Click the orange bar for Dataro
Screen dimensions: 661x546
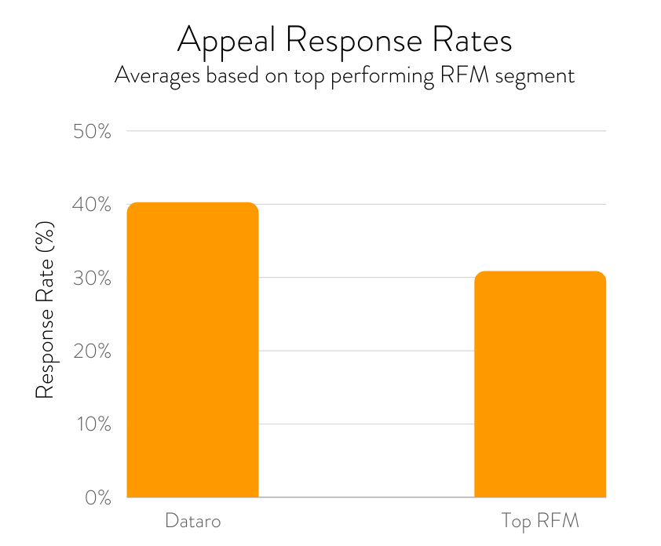(192, 350)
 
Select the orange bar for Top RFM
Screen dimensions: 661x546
(540, 384)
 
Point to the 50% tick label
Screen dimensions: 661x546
(92, 132)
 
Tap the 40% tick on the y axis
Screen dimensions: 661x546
(92, 205)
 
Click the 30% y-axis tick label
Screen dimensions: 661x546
(92, 278)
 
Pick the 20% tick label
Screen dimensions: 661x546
(92, 351)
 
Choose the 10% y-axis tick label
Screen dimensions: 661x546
(93, 424)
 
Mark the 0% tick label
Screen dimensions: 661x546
(98, 497)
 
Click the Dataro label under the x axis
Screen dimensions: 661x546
(193, 521)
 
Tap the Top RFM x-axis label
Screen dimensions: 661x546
(540, 522)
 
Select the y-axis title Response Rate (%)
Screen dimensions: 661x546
(45, 310)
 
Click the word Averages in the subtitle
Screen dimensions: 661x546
(157, 77)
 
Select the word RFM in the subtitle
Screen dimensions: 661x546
(464, 75)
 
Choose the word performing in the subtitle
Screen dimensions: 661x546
(382, 77)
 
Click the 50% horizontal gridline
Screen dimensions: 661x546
(367, 131)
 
